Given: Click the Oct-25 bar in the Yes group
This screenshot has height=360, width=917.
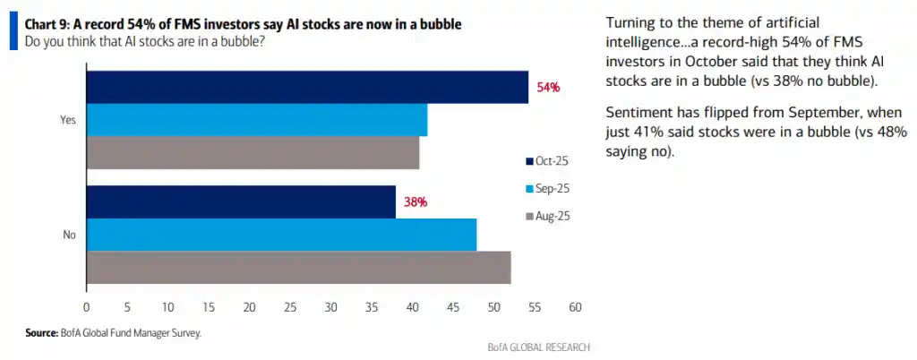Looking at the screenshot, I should [307, 87].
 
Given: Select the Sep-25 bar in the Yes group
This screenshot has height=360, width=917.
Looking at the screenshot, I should [256, 119].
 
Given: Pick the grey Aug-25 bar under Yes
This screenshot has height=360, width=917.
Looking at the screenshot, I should [253, 151].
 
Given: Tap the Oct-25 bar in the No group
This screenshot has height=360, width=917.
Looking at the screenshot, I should [240, 202].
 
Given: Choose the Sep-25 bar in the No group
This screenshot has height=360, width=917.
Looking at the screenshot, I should [281, 235].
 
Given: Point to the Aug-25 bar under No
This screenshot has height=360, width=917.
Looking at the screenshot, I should [298, 267].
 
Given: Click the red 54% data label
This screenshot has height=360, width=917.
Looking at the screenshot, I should [548, 88].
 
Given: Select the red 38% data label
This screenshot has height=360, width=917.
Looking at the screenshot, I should [415, 203].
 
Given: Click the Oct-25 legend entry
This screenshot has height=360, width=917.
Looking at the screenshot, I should [547, 161].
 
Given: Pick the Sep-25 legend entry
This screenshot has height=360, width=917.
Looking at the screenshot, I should [547, 189].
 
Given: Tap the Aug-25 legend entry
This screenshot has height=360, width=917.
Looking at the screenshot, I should [547, 217].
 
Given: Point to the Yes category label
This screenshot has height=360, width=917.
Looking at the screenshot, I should [66, 119].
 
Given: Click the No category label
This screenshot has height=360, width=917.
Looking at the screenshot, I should [68, 235].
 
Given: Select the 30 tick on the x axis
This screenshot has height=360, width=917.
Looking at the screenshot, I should [330, 307].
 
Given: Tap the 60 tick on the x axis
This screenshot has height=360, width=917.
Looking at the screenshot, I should [576, 307].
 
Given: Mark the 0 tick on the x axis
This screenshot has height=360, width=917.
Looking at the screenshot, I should [86, 307].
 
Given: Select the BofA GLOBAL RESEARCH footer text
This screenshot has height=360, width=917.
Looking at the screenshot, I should [538, 347].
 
